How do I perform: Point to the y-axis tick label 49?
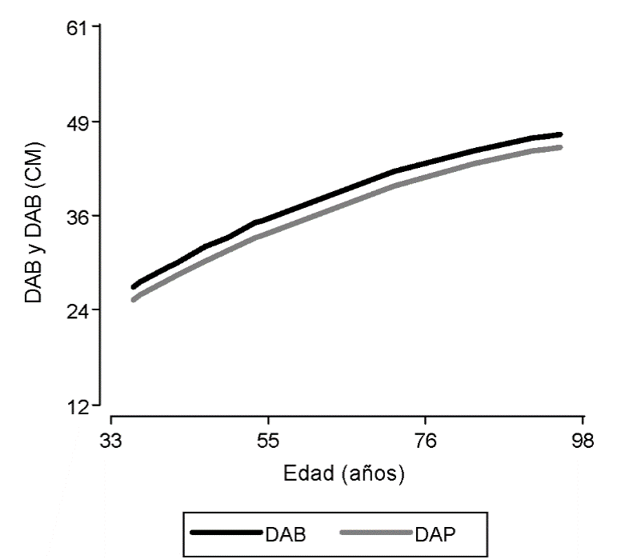click(78, 122)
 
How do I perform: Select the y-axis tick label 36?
click(78, 216)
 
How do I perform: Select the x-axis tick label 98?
click(582, 441)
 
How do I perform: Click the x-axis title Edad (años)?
click(344, 473)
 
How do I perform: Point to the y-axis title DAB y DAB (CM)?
click(34, 223)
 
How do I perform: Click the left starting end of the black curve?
click(134, 286)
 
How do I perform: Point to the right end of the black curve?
click(560, 134)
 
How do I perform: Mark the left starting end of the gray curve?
click(134, 300)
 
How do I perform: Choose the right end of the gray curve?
click(560, 147)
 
